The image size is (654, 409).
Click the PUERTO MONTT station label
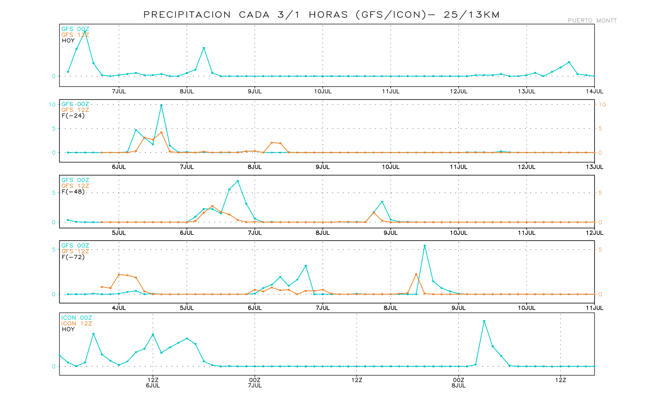tap(592, 20)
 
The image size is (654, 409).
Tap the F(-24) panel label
tap(73, 116)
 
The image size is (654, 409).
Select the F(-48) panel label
tap(73, 192)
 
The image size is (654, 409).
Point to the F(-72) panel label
tap(73, 257)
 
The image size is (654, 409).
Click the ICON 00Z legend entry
tap(77, 318)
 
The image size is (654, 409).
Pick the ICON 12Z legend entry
tap(77, 323)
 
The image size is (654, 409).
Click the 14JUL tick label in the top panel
tap(594, 91)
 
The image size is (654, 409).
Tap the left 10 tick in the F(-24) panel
tap(52, 104)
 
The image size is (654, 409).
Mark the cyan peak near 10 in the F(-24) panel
tap(161, 105)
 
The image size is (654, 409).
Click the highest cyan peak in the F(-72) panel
tap(424, 246)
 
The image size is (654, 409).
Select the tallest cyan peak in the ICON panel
tap(484, 321)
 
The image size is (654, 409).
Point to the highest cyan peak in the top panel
tap(85, 32)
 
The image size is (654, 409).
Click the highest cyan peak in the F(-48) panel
tap(238, 181)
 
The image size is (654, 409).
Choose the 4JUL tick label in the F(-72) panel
tap(119, 308)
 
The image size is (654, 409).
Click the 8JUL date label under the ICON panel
tap(458, 385)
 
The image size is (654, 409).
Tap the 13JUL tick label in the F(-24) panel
tap(594, 167)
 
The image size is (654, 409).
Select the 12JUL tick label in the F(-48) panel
tap(594, 233)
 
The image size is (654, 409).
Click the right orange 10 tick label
tap(602, 105)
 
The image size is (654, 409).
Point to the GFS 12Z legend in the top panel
tap(75, 35)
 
